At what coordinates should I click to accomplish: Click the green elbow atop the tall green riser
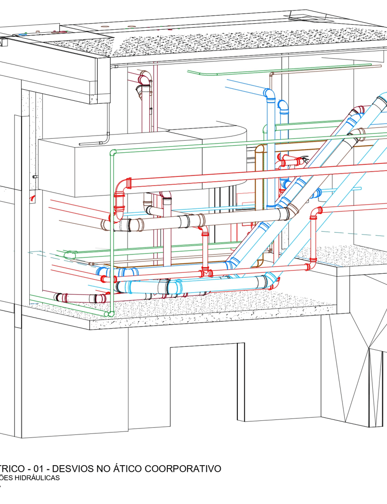click(113, 152)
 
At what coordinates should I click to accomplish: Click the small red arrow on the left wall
click(33, 197)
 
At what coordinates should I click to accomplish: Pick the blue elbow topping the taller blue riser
click(269, 94)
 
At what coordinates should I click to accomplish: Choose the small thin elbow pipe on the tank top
click(107, 136)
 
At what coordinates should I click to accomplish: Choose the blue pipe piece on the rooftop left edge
click(21, 35)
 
